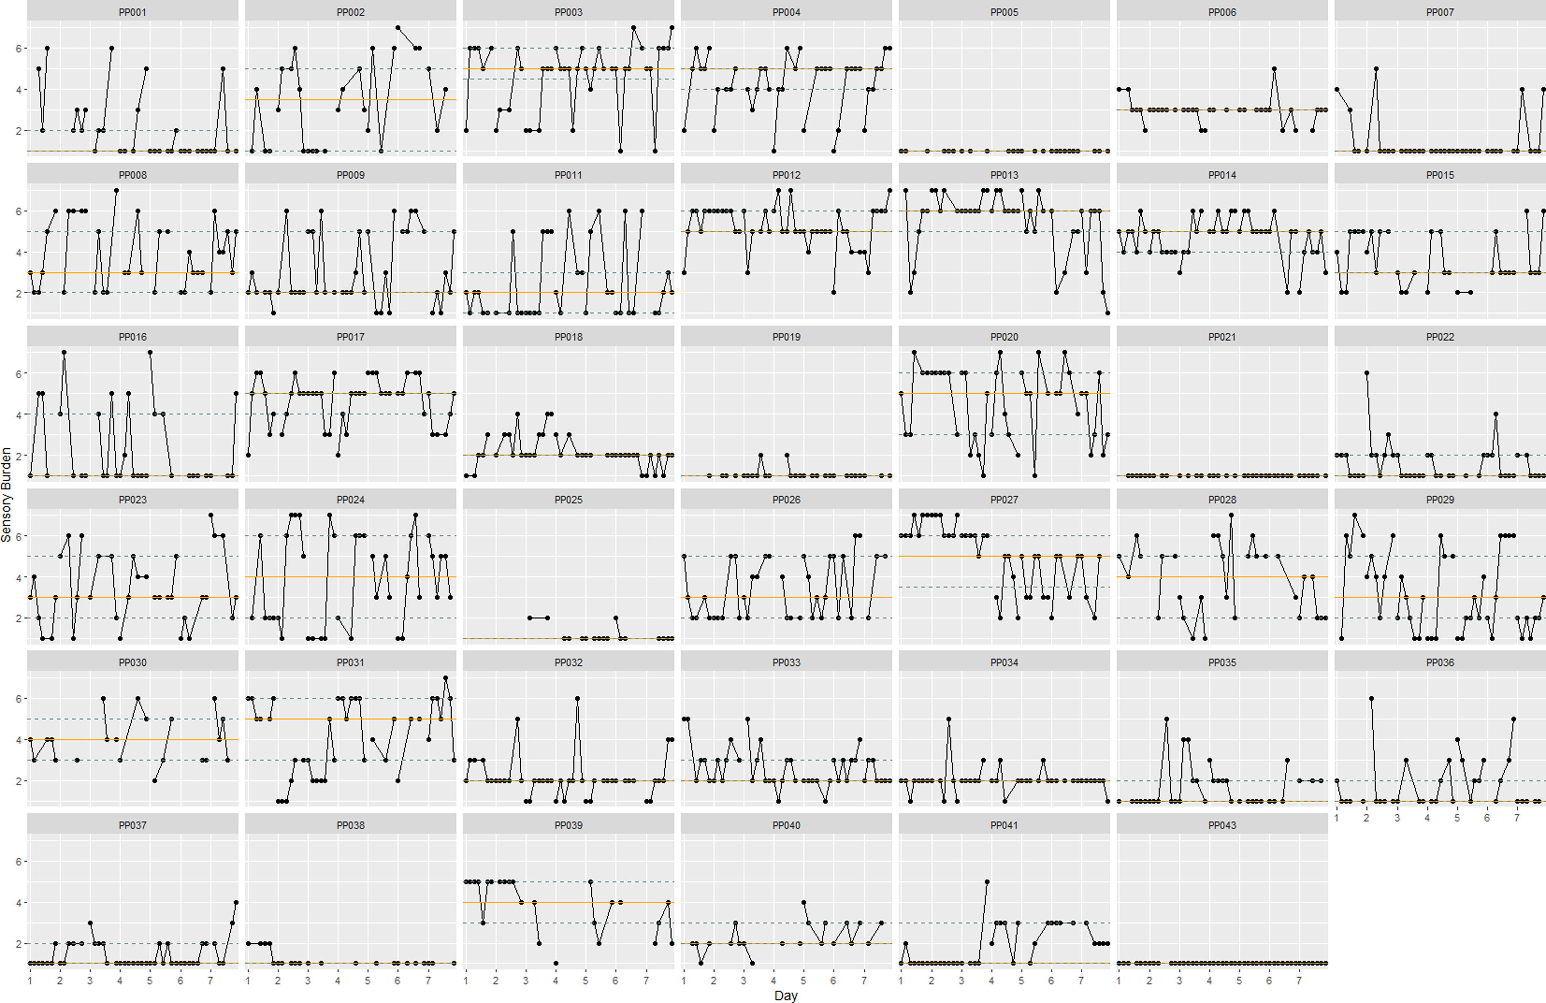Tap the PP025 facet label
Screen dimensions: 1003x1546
568,500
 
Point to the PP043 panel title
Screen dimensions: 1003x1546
1222,825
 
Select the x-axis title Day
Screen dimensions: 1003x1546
786,995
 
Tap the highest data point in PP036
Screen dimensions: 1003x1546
1371,698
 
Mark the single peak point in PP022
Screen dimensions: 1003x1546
1367,373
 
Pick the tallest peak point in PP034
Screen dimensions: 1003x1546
949,719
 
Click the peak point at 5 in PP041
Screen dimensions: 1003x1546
987,882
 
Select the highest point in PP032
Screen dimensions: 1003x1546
578,698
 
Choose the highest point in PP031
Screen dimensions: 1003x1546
446,678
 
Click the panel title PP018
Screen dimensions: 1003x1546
568,337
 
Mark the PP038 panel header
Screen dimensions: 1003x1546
351,825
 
